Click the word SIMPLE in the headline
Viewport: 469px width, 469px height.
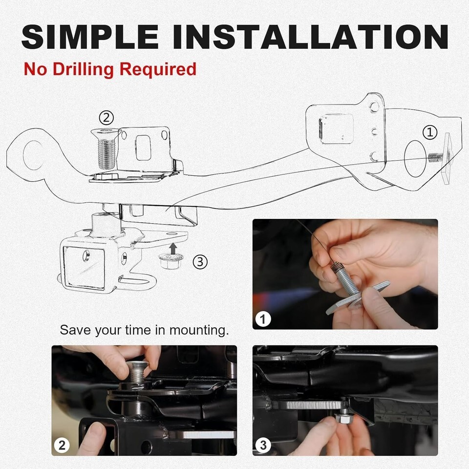click(90, 37)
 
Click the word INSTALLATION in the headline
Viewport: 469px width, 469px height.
click(310, 37)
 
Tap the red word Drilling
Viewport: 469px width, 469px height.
click(84, 69)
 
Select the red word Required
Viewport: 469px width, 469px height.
click(158, 69)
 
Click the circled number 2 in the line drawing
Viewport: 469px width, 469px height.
click(106, 118)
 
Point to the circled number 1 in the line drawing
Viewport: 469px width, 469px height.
click(430, 132)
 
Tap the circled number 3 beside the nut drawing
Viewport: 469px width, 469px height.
click(200, 262)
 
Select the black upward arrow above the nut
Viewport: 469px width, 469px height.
click(172, 248)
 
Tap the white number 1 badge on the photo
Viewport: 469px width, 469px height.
click(263, 319)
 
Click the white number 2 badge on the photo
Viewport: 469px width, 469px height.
click(62, 446)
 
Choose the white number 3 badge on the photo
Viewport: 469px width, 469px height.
click(263, 446)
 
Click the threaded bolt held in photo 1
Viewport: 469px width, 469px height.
click(345, 279)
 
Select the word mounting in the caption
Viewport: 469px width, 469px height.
click(199, 331)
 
